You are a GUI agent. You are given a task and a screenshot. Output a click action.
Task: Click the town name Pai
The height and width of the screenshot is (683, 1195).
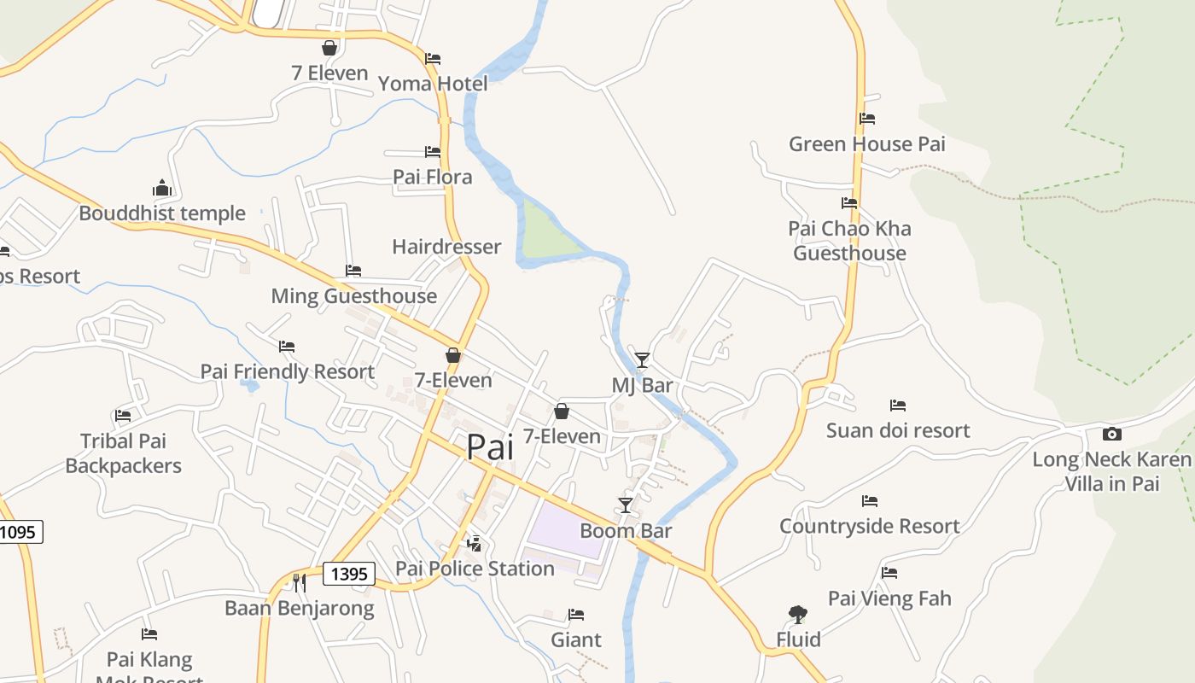pos(490,447)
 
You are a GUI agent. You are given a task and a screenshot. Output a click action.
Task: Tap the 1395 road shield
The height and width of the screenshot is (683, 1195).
pos(349,574)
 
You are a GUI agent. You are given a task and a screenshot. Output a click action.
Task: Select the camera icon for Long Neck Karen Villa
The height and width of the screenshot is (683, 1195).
pos(1111,434)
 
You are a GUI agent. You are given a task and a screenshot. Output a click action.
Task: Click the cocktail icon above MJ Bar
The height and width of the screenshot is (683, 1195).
pos(642,359)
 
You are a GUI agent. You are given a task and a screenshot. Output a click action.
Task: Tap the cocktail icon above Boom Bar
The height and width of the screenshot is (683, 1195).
pos(626,505)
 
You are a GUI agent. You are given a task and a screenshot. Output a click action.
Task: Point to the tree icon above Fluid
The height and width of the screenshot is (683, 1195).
pos(797,614)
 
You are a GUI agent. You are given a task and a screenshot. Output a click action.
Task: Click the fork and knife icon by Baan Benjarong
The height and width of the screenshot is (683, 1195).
pos(299,582)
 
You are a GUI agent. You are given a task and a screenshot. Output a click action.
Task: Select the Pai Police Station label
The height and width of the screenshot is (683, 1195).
pos(475,569)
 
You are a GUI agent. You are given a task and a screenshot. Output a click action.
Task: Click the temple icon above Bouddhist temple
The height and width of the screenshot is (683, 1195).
pos(162,188)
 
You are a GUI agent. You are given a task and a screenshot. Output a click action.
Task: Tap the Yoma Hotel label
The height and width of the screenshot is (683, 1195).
pos(433,84)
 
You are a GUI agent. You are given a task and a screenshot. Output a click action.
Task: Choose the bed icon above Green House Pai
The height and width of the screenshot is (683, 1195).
pos(867,119)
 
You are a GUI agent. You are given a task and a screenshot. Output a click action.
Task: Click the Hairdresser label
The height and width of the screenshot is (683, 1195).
pos(446,247)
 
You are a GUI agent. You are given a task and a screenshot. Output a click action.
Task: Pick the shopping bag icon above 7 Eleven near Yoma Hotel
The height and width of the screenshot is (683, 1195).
pos(329,48)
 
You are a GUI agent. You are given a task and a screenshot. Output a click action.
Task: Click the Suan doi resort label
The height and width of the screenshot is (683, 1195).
pos(898,430)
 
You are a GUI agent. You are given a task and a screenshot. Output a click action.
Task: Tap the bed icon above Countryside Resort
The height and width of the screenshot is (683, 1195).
pos(870,501)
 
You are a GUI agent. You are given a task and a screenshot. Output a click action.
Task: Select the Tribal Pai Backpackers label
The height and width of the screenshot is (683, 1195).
pos(124,453)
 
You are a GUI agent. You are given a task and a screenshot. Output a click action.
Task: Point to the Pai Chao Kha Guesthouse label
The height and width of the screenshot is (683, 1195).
pos(849,241)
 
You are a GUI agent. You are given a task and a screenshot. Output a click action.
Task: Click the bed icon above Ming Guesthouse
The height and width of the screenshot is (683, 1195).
pos(353,271)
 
